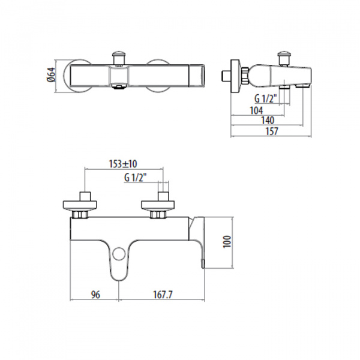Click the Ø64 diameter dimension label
point(51,75)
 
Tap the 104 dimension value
point(256,110)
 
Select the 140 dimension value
point(268,121)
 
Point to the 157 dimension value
point(272,131)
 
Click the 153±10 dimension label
point(123,164)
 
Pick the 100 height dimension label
point(227,242)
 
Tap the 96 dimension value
point(96,295)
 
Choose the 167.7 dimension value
point(163,295)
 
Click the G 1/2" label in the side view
point(266,99)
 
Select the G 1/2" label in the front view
point(136,178)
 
